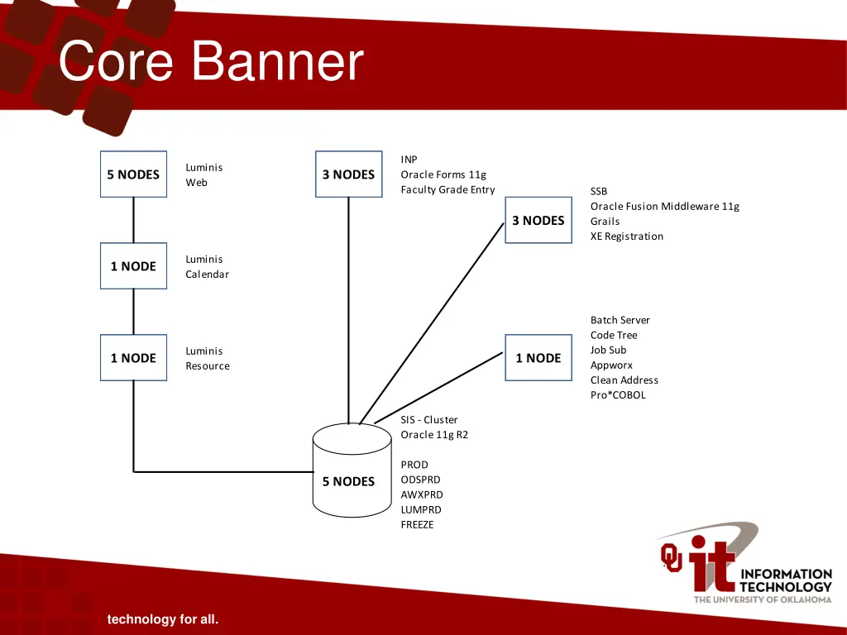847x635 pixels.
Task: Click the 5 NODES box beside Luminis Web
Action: tap(133, 174)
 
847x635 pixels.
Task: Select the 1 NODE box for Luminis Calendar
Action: tap(133, 266)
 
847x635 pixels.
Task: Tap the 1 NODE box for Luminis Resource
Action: tap(133, 358)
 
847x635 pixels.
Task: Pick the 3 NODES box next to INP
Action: tap(348, 174)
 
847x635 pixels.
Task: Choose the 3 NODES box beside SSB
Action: tap(538, 220)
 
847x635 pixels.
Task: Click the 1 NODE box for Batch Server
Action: tap(538, 358)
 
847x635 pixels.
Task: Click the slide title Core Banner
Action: tap(212, 62)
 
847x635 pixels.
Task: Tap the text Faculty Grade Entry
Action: tap(447, 190)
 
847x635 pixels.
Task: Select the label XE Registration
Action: tap(627, 236)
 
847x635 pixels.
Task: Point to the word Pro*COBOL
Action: tap(618, 395)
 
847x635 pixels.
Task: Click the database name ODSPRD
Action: tap(420, 480)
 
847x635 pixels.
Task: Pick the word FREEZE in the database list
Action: tap(417, 525)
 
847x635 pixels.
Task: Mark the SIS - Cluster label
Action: tap(428, 420)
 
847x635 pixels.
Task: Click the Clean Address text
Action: tap(624, 380)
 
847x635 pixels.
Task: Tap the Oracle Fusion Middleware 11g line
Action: tap(664, 207)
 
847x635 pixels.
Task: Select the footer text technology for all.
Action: tap(162, 619)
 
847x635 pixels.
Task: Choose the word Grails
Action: tap(605, 222)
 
